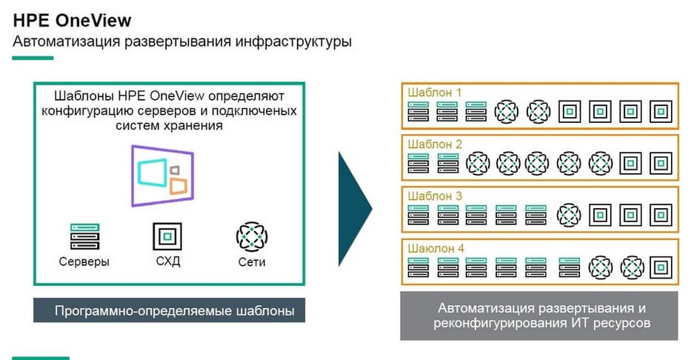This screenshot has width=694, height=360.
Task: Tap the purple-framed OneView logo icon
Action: [163, 175]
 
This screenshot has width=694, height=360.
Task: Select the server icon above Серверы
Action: [84, 236]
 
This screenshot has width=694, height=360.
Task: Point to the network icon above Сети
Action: [252, 236]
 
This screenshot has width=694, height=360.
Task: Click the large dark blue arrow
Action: [353, 210]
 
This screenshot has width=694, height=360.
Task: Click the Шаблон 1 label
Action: [435, 93]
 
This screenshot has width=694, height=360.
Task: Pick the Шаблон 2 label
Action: [435, 144]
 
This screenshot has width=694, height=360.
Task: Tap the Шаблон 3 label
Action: [435, 196]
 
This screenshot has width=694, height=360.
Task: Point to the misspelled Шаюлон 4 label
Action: [436, 248]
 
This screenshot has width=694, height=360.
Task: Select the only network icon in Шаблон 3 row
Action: [569, 215]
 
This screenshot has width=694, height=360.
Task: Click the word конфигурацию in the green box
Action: [86, 111]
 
